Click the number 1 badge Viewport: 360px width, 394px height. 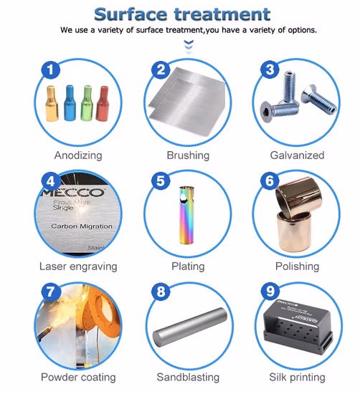[x=49, y=69]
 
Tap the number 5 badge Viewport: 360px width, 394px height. [x=161, y=181]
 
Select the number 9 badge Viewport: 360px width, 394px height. [x=271, y=292]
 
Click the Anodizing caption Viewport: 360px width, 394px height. [x=77, y=155]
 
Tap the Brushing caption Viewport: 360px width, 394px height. [x=188, y=155]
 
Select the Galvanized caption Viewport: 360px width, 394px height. [x=298, y=155]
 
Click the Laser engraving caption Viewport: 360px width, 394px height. [x=77, y=266]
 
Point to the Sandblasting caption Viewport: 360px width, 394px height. [x=188, y=378]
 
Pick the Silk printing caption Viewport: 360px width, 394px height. [x=298, y=378]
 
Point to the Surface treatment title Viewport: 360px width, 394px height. [x=182, y=13]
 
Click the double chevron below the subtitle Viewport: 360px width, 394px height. [x=189, y=46]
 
